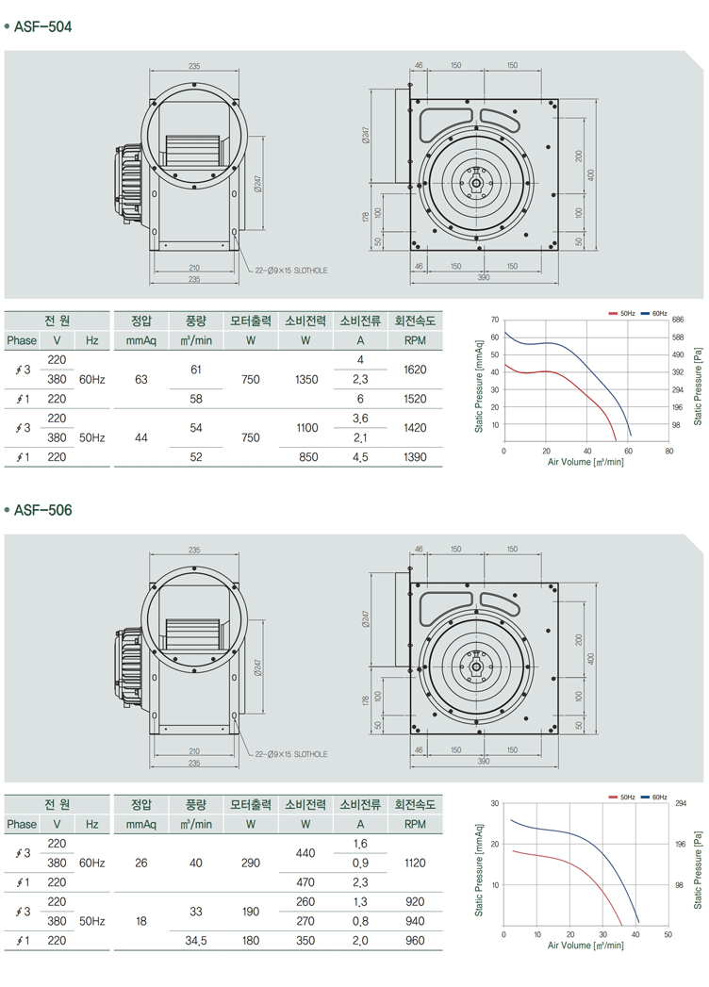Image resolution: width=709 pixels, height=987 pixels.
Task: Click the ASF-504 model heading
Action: click(42, 26)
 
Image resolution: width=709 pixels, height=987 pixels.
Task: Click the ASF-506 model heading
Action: click(42, 510)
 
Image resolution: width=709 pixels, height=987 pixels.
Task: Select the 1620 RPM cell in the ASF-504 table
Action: click(416, 370)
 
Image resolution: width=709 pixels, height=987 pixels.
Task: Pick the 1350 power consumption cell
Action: click(306, 380)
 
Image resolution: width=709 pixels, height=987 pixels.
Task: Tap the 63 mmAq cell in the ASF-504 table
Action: click(141, 380)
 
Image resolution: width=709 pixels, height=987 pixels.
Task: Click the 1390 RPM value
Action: click(416, 457)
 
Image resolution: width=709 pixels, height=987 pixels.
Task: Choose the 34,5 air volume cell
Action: click(196, 940)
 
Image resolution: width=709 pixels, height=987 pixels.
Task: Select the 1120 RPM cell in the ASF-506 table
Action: click(416, 862)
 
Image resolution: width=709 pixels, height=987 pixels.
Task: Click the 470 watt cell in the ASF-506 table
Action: click(306, 882)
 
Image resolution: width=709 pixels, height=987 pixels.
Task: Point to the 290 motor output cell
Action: click(251, 862)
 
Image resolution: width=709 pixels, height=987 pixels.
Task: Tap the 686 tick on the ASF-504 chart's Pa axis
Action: click(677, 321)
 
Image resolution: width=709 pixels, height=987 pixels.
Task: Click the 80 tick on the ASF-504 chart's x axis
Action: click(668, 451)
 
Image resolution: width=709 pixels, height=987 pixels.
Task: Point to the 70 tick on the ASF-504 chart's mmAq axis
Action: click(494, 321)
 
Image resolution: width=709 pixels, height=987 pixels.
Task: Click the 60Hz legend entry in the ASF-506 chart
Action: click(654, 798)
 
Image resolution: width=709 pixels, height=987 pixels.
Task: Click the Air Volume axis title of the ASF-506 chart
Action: click(585, 945)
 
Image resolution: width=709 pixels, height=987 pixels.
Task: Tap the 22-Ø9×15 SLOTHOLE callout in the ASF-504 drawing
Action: click(291, 270)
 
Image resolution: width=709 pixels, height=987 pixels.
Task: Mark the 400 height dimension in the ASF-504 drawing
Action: click(591, 175)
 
